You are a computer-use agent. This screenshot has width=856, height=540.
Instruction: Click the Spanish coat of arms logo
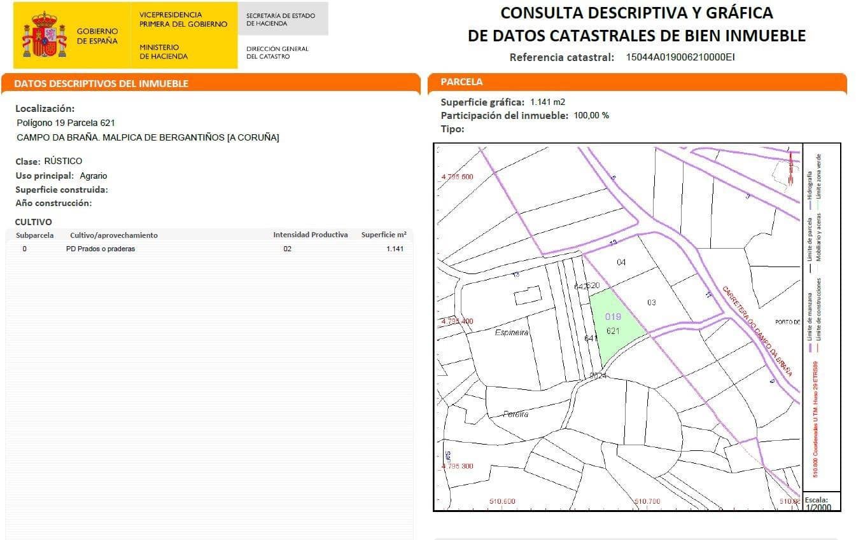click(x=45, y=36)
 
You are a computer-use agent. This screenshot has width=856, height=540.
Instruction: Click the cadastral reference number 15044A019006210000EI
click(x=680, y=57)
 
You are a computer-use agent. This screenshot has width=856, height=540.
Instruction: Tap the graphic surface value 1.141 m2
click(x=547, y=102)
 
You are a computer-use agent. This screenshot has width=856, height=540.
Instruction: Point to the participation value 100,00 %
click(x=591, y=116)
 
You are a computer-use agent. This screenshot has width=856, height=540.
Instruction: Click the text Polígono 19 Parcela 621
click(x=66, y=123)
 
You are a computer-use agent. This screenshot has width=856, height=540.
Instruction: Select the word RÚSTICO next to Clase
click(x=63, y=161)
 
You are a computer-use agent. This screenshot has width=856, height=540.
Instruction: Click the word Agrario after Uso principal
click(x=94, y=176)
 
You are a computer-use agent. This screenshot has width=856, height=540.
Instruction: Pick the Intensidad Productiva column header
click(x=311, y=235)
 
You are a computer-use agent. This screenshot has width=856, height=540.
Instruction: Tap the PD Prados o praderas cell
click(x=101, y=249)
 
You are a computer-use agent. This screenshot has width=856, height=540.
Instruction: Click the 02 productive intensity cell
click(x=288, y=249)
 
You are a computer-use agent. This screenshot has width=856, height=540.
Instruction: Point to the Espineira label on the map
click(x=512, y=332)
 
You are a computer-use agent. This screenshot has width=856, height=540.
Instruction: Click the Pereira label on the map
click(x=516, y=414)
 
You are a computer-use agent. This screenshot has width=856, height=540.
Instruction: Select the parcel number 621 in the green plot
click(x=613, y=331)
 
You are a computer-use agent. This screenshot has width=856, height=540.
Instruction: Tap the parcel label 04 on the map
click(x=621, y=263)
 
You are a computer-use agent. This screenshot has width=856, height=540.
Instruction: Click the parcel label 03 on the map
click(x=651, y=302)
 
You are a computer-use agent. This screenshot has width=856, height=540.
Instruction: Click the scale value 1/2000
click(x=818, y=507)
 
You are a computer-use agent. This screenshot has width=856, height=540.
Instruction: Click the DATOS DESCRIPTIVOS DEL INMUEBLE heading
click(x=101, y=84)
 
